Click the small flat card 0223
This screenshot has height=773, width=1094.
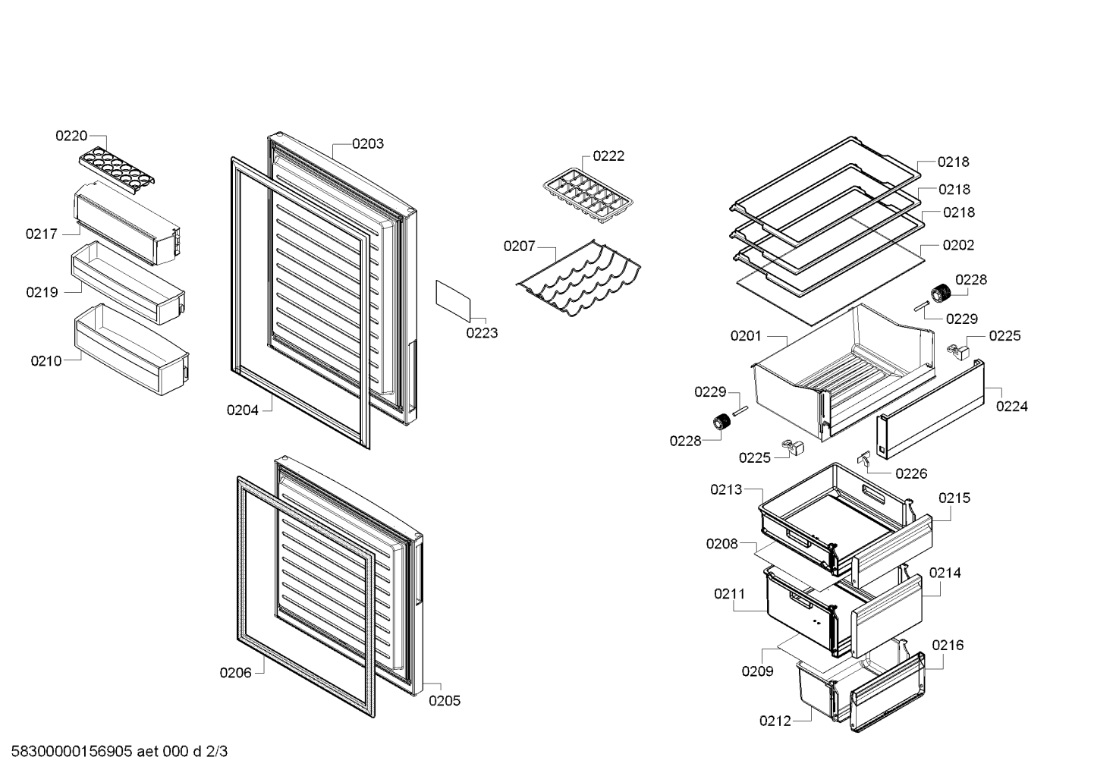[x=453, y=301]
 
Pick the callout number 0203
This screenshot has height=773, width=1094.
[x=368, y=143]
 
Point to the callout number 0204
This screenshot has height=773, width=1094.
[x=242, y=410]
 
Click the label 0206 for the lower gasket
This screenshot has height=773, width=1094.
[x=235, y=672]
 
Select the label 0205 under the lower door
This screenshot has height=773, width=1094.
[x=445, y=701]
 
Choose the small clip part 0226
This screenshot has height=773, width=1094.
[x=863, y=457]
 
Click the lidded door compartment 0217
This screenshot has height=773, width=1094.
[x=127, y=223]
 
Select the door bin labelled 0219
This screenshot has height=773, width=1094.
[x=128, y=282]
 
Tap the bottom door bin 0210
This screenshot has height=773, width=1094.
[x=131, y=349]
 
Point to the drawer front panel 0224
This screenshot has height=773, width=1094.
[x=930, y=409]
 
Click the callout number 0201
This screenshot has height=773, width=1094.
[x=746, y=335]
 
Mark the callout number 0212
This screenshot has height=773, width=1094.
[x=775, y=721]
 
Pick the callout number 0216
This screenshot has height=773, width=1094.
[x=948, y=645]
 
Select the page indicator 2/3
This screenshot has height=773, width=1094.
[x=216, y=751]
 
